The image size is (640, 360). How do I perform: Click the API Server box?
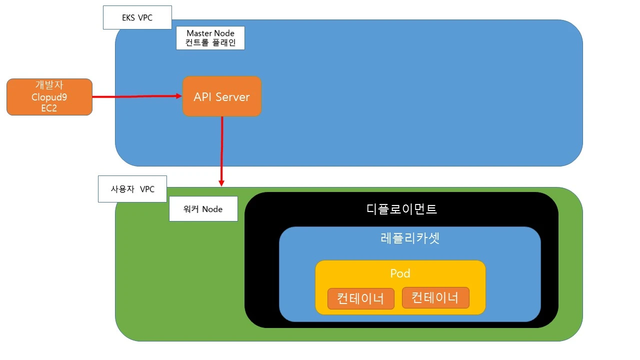point(221,96)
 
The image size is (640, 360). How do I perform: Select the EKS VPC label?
point(137,17)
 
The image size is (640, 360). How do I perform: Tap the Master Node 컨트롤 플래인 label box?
point(210,38)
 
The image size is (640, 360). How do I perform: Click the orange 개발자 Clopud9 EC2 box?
point(49,97)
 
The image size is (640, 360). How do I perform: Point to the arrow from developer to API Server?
point(135,96)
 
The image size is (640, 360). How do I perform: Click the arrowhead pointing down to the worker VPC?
point(221,182)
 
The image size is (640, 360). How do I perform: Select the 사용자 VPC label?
point(132,189)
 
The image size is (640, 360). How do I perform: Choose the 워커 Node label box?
point(203,209)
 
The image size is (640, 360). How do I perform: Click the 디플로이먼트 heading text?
point(401,209)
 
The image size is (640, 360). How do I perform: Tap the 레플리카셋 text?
point(409,238)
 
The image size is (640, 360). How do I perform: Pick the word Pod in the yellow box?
point(400,273)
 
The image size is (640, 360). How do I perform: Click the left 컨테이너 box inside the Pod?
point(360,298)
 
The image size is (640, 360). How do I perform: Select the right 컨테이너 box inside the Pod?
point(435,298)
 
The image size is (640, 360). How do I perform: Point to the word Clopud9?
point(49,97)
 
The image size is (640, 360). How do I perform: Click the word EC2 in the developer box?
point(49,107)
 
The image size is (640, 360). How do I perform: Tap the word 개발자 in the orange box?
point(49,85)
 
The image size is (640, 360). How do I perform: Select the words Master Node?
point(210,33)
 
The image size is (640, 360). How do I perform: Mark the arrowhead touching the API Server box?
point(178,95)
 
